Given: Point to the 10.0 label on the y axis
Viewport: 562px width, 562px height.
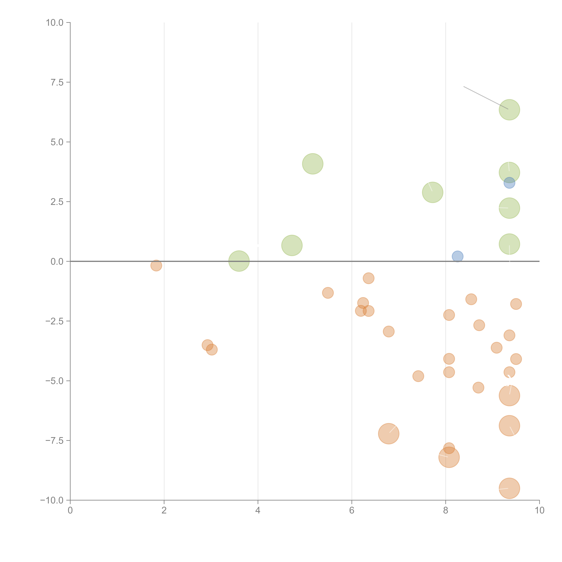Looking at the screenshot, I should point(55,23).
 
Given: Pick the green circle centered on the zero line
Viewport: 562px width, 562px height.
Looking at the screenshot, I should point(239,261).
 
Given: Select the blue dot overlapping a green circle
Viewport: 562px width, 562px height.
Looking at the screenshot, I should point(509,183).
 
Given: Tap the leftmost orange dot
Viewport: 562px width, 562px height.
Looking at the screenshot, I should point(156,265).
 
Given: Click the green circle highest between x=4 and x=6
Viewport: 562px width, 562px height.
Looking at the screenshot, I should point(312,164).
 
